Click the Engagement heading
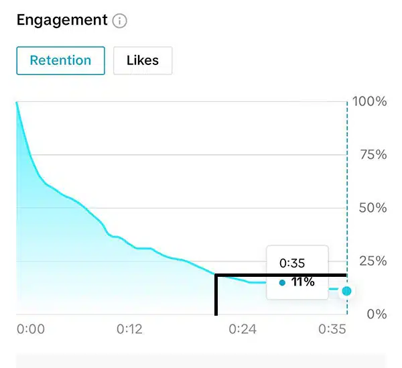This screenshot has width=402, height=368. tap(62, 21)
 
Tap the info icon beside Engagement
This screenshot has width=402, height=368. tap(120, 21)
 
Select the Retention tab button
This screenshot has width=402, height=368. tap(60, 60)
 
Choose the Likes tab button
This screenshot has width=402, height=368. tap(143, 60)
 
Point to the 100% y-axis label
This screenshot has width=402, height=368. tap(371, 102)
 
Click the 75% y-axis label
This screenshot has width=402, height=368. tap(373, 155)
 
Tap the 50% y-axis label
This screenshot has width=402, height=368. tap(373, 208)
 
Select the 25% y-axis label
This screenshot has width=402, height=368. tap(373, 261)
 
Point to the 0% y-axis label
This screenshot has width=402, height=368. tap(377, 314)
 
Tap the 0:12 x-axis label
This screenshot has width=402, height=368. tap(130, 329)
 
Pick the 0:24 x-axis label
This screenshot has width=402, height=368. tap(243, 329)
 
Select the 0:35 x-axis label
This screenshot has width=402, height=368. tap(332, 329)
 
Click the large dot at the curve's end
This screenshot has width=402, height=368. tap(346, 291)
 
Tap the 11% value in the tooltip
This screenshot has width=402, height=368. tap(303, 282)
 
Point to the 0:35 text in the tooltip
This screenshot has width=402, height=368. tap(291, 263)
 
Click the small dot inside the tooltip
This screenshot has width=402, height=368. tap(282, 283)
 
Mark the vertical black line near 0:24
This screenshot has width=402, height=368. tap(216, 295)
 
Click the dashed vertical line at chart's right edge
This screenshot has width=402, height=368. tap(347, 201)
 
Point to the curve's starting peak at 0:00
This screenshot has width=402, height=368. tap(17, 103)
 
